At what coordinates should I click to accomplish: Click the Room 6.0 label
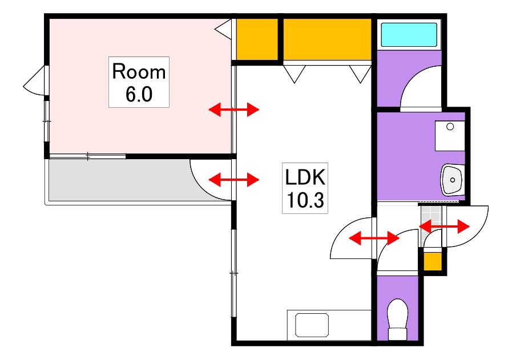point(139,82)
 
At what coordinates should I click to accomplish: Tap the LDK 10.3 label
point(305,188)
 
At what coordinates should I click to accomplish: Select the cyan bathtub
point(409,35)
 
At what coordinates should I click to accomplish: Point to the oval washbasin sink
point(453,180)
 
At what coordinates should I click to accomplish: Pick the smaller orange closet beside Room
point(257,39)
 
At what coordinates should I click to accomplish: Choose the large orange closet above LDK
point(327,39)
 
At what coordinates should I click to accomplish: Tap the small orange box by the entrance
point(433,261)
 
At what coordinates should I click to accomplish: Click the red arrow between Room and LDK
point(234,110)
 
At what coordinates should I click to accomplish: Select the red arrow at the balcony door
point(234,180)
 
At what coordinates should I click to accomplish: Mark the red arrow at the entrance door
point(445,226)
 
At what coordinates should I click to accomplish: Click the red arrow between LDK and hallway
point(374,238)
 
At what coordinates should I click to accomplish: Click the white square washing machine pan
point(450,136)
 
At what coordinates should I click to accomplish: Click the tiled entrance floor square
point(430,217)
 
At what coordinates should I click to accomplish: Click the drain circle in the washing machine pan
point(450,127)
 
